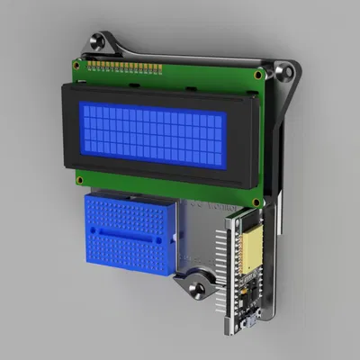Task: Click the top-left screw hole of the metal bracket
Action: point(96,41)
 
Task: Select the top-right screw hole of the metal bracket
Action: point(286,69)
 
